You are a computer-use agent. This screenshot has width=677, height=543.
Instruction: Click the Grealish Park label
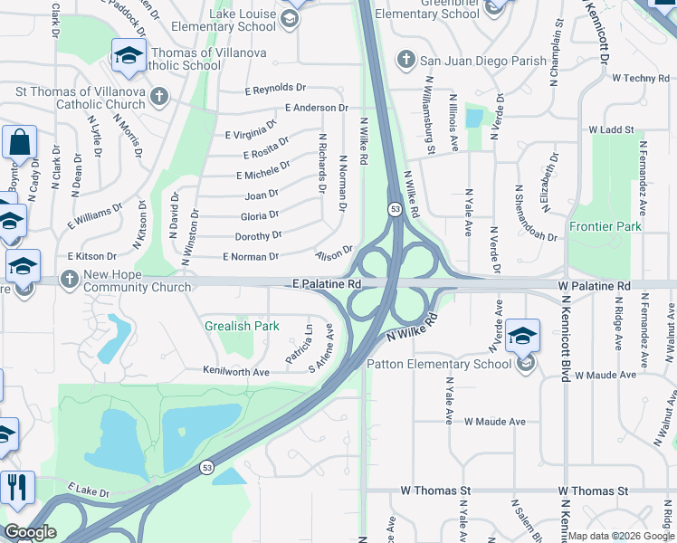[241, 325]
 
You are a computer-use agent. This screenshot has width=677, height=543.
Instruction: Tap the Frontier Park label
[605, 226]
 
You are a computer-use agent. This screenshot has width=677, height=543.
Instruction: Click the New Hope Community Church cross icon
[70, 279]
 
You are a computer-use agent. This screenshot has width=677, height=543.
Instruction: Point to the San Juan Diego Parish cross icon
[405, 62]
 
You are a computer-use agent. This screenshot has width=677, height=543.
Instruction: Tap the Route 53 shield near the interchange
[395, 209]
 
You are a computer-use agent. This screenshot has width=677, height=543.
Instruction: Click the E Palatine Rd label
[327, 284]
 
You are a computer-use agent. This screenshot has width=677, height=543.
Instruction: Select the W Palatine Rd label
[594, 286]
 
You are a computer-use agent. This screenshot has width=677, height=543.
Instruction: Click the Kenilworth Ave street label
[236, 372]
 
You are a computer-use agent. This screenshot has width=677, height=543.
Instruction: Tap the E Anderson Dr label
[316, 108]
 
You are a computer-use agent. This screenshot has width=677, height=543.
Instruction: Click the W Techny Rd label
[640, 79]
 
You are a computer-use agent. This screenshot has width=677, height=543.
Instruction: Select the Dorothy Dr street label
[258, 235]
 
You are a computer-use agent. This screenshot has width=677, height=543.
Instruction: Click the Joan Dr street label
[262, 195]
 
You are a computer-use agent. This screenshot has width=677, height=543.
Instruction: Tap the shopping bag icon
[19, 143]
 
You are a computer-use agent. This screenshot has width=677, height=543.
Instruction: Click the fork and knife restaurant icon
[18, 489]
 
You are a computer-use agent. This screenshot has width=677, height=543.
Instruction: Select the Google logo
[30, 531]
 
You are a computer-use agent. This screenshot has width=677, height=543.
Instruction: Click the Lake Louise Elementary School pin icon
[290, 18]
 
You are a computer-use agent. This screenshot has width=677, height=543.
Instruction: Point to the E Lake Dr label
[87, 494]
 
